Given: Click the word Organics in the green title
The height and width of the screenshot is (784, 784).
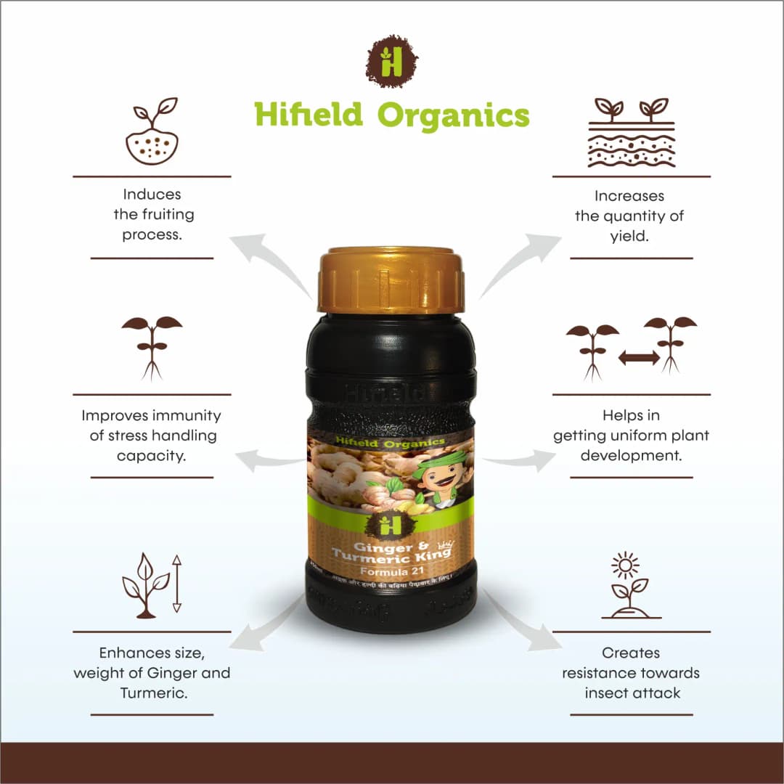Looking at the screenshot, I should [454, 115].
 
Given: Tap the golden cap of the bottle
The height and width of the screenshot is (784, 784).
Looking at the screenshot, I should [391, 279].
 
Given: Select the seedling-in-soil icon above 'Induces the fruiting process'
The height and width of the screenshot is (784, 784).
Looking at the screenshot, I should [152, 131].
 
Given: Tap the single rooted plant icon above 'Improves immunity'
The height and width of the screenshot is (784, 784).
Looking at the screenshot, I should [152, 347].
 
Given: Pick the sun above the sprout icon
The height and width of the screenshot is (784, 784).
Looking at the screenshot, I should [624, 564].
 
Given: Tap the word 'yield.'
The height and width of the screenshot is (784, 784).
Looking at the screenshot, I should [629, 236].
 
